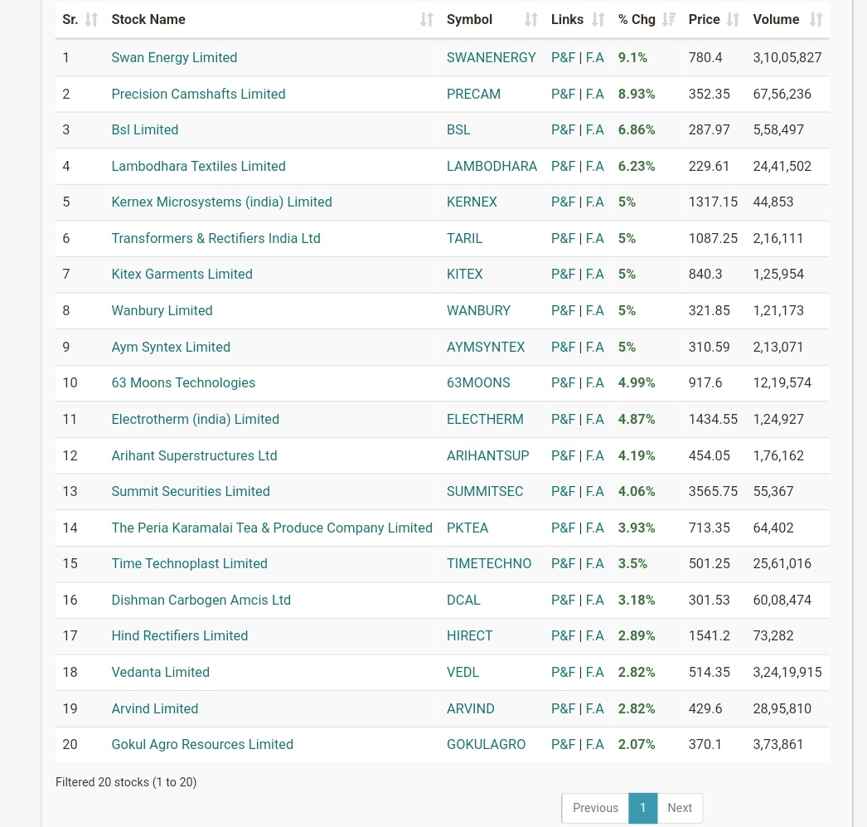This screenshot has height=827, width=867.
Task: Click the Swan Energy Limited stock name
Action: point(174,57)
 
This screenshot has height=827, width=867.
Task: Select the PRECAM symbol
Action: point(473,94)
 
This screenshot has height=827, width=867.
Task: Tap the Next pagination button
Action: point(680,808)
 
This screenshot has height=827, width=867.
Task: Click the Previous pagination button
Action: point(595,808)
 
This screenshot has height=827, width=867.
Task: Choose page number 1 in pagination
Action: point(642,808)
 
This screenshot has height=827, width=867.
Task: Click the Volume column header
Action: point(776,19)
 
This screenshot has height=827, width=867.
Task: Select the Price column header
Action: point(704,19)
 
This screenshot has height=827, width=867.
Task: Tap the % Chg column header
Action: point(637,19)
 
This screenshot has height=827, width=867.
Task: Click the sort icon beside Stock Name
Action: point(427,19)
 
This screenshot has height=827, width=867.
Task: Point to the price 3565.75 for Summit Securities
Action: point(713,491)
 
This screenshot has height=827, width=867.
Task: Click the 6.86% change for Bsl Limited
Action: point(637,129)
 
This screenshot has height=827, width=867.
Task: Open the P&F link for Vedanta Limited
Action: point(563,672)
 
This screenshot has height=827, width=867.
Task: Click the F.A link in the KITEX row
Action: point(595,274)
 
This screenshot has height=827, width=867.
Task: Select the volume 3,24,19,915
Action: point(787,672)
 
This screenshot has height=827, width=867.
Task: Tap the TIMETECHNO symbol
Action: point(489,563)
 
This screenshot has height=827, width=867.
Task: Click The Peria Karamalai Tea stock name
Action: point(272,528)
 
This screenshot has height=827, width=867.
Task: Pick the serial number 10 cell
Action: point(70,382)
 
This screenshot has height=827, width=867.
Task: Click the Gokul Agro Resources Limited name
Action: point(202,744)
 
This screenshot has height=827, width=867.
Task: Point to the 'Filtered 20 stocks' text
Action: point(126,782)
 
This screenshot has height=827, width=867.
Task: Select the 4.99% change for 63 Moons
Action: point(637,382)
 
